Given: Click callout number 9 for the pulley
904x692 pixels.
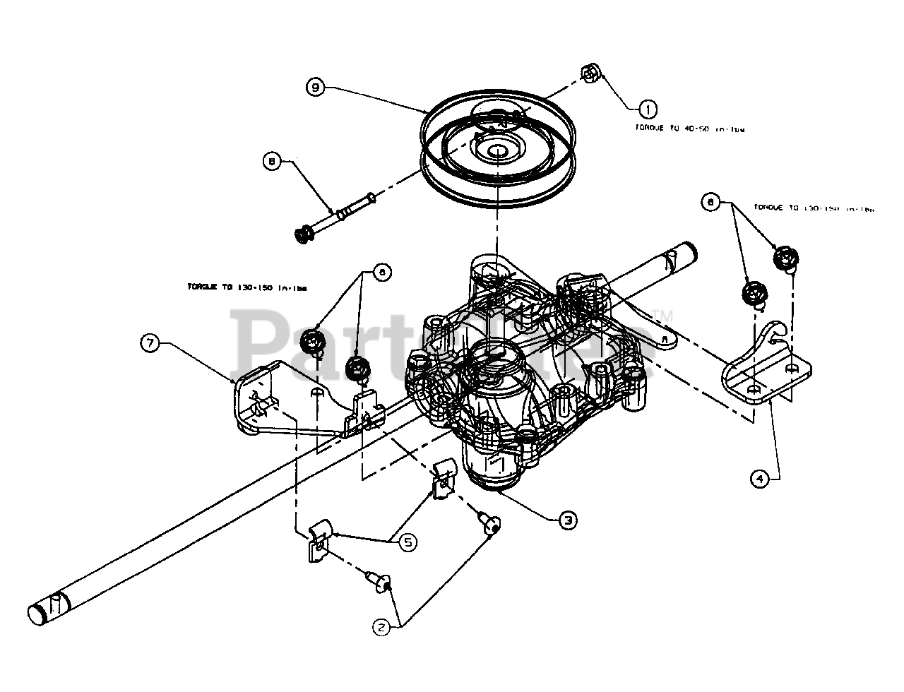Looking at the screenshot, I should point(316,88).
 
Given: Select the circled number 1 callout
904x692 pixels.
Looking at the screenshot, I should point(647,108).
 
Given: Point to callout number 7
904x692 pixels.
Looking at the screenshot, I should point(150,343).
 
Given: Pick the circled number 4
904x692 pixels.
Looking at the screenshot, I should point(759,479).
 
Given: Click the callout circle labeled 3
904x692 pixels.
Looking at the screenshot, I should point(567,520).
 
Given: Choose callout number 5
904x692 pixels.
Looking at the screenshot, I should point(408,542).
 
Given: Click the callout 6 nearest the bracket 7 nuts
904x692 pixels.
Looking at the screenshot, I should point(381,273).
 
